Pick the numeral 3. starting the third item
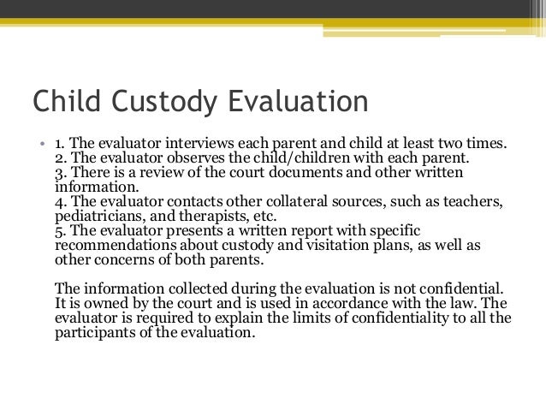(x=59, y=173)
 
